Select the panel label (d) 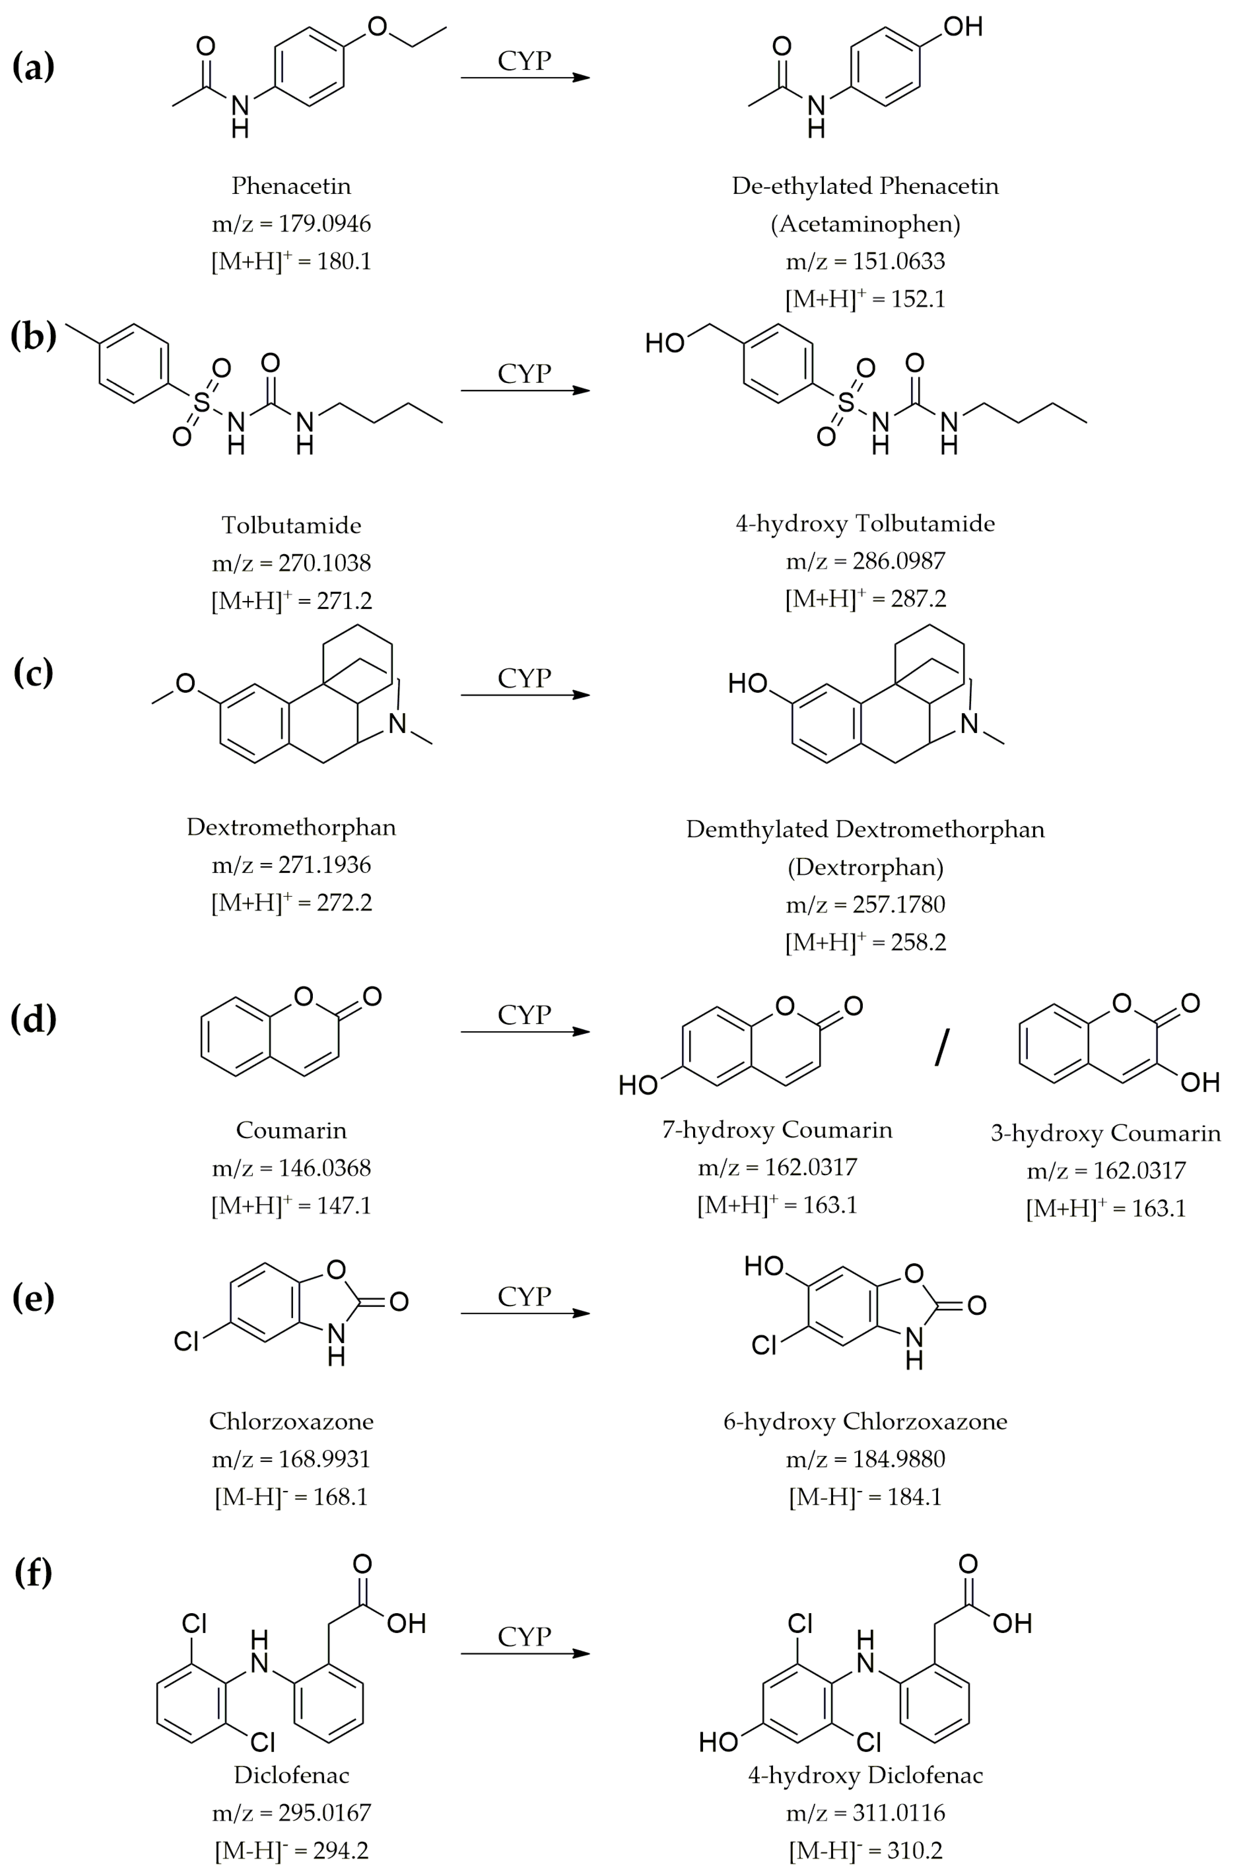(x=33, y=1019)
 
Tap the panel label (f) (x=33, y=1572)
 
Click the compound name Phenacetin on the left (x=290, y=186)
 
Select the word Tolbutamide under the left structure (x=290, y=525)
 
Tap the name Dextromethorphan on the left (x=290, y=827)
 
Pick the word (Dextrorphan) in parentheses (x=865, y=867)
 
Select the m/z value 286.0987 (x=899, y=561)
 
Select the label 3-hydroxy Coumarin (x=1105, y=1134)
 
